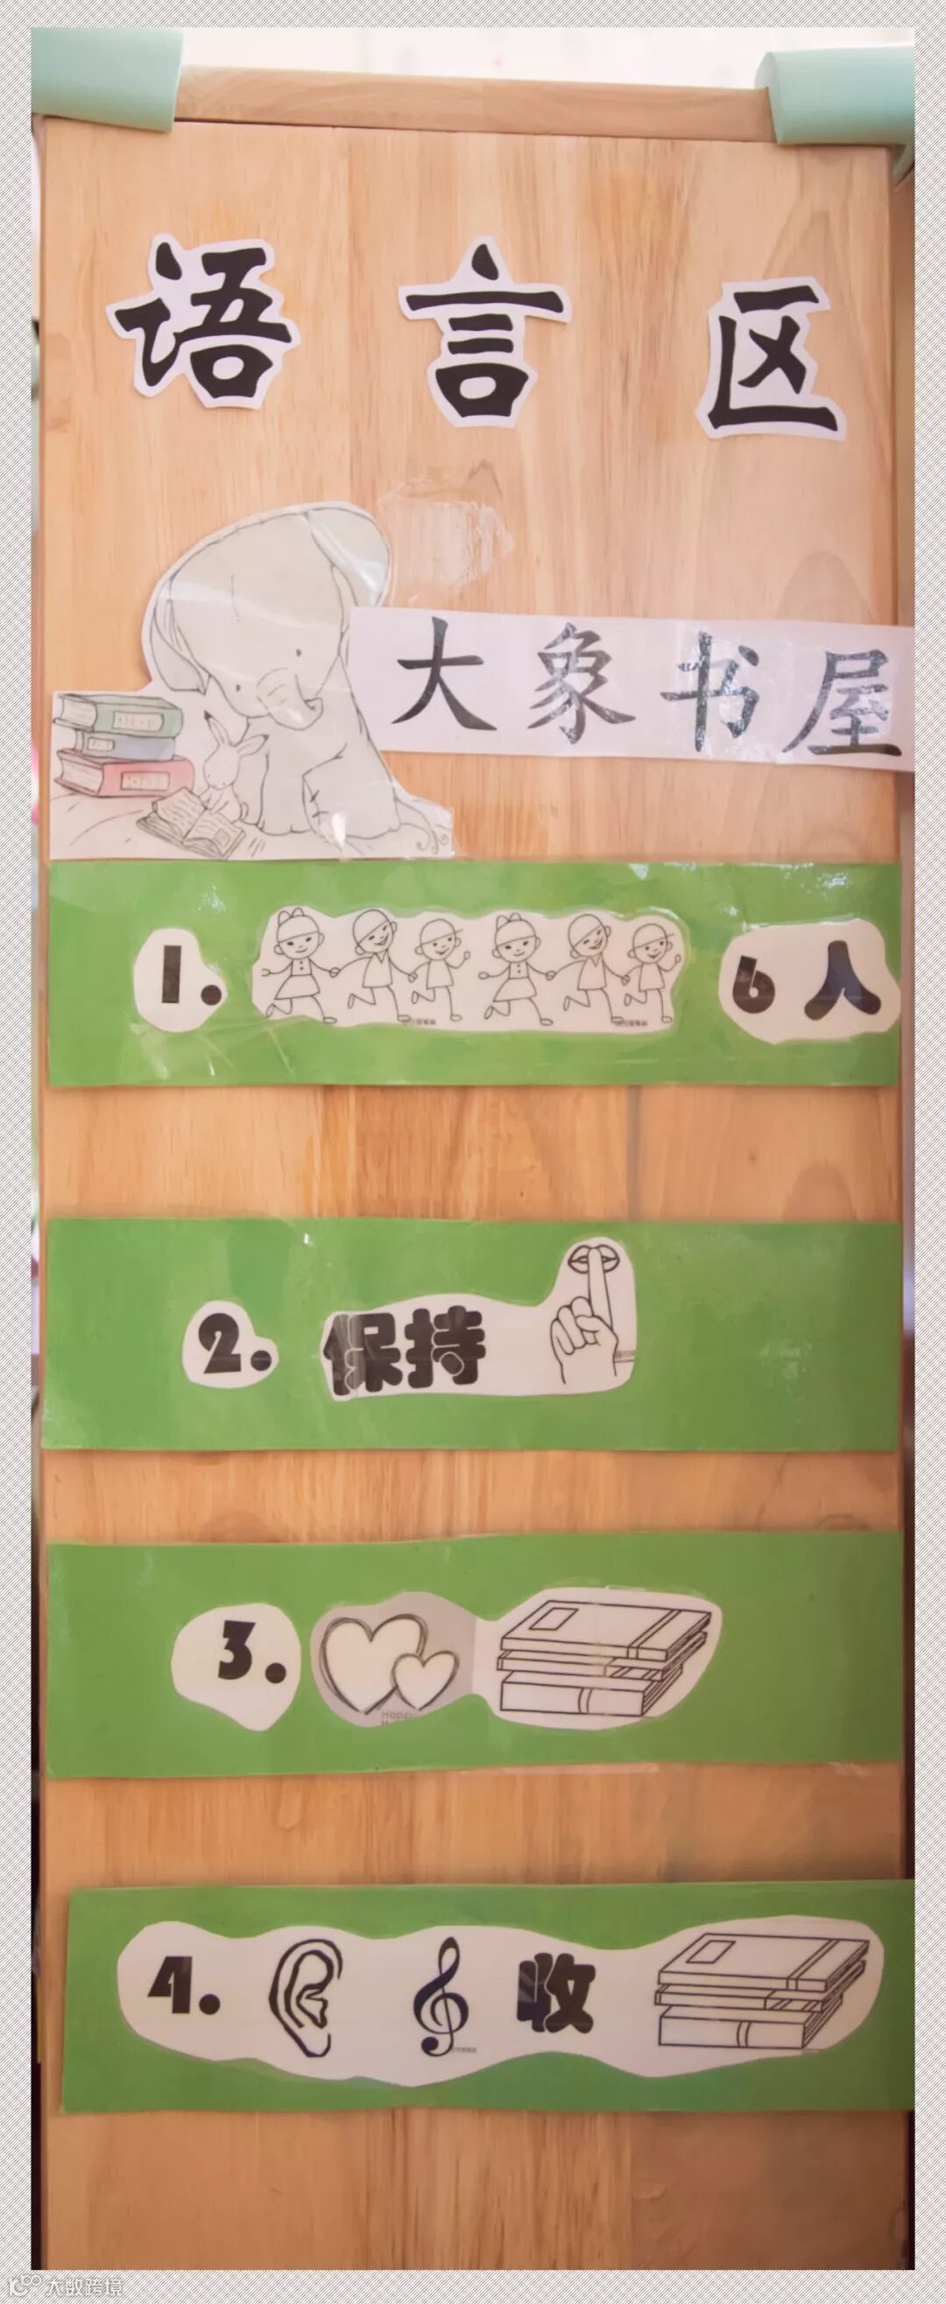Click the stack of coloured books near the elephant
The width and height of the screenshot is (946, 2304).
(x=117, y=745)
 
